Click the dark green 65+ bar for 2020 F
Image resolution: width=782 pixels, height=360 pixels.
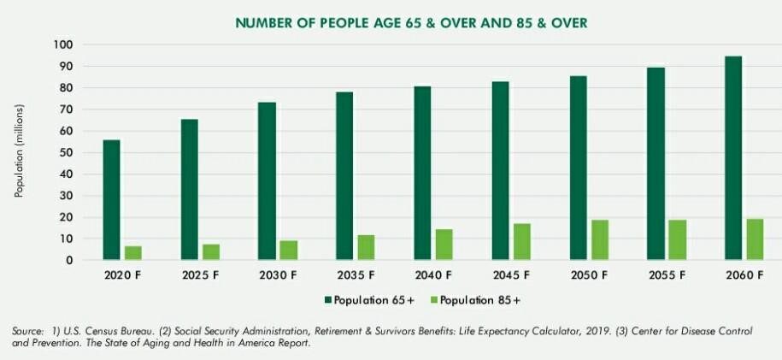(x=111, y=200)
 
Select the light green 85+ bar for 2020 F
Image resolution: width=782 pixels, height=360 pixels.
(x=133, y=252)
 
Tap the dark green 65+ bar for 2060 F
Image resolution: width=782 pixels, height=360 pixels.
(x=732, y=158)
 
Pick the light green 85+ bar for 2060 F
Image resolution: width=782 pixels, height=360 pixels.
(x=755, y=239)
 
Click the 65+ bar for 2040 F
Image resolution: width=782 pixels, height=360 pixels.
(x=422, y=173)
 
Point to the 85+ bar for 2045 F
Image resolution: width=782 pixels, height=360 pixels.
(x=521, y=242)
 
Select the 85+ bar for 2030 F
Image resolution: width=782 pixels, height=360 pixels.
(x=289, y=251)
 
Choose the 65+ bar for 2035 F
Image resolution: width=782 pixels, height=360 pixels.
(x=344, y=176)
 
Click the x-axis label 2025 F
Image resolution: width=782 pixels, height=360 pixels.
(x=200, y=275)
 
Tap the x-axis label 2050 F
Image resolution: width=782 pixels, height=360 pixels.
(x=589, y=275)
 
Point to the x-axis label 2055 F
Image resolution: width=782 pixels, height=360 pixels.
(x=667, y=275)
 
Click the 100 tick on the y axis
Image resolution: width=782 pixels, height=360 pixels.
(x=63, y=45)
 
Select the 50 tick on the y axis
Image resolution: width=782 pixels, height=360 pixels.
(x=67, y=153)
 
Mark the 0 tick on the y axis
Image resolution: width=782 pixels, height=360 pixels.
(x=70, y=260)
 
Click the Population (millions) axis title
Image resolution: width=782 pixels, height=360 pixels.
(x=19, y=150)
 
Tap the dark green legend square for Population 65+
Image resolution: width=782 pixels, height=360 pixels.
(x=327, y=300)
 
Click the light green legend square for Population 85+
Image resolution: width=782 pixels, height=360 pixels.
(x=434, y=300)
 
